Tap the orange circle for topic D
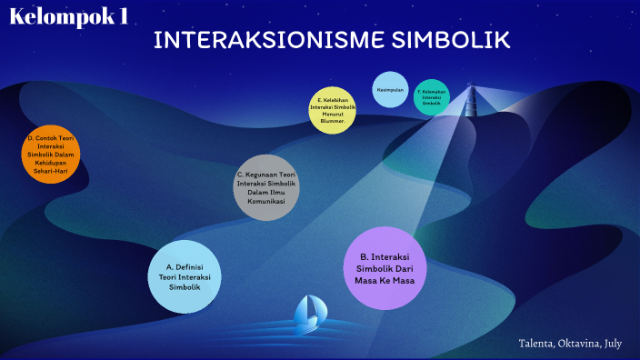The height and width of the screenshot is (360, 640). pos(51,154)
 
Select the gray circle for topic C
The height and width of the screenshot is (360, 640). pos(266,187)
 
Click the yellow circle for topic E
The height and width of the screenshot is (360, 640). pos(333,110)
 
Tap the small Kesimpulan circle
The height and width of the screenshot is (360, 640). pos(391,89)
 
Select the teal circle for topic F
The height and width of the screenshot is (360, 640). pos(432,97)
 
